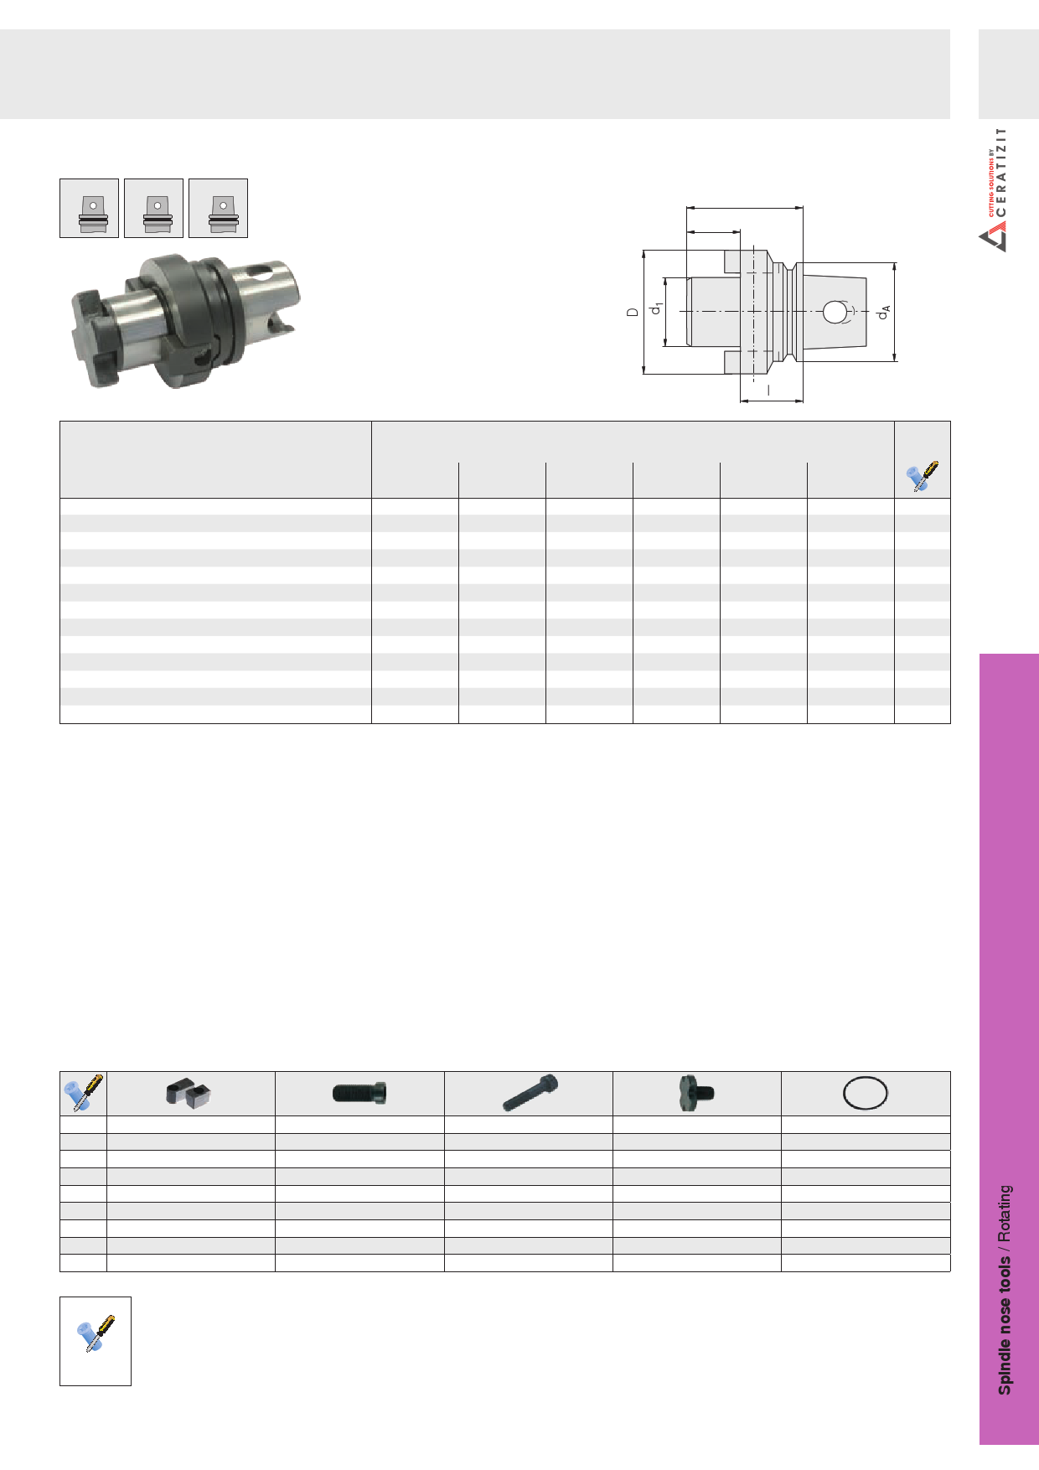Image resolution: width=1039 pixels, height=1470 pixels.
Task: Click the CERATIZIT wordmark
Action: click(x=1002, y=172)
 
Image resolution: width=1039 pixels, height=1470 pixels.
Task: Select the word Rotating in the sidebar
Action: click(x=1004, y=1214)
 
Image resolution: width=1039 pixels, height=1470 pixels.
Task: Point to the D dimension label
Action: click(x=633, y=312)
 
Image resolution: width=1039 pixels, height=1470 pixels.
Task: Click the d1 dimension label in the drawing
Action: click(x=658, y=308)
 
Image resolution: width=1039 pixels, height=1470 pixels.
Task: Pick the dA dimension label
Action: click(x=883, y=312)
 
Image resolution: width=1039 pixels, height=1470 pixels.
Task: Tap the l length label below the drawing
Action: click(x=768, y=390)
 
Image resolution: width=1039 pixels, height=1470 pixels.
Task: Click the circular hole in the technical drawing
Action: click(x=834, y=312)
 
